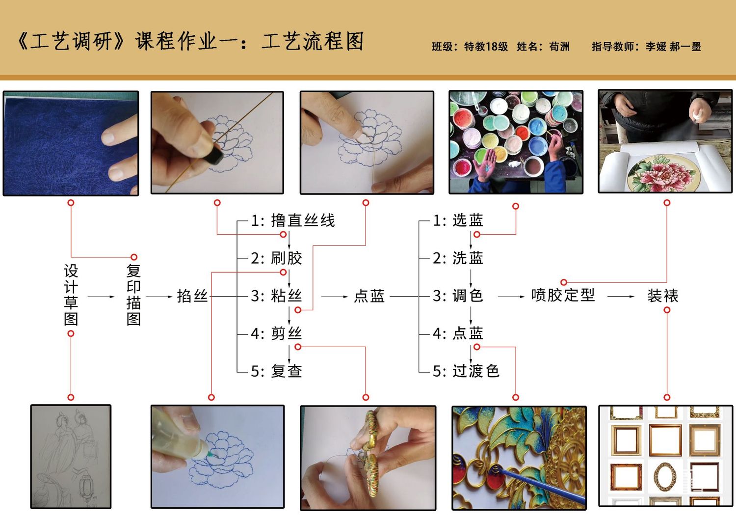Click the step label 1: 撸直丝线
click(x=293, y=220)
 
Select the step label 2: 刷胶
click(x=276, y=258)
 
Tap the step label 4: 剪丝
click(x=276, y=333)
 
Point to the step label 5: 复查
click(x=276, y=371)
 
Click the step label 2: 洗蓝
click(x=458, y=258)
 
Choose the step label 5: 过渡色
click(x=466, y=371)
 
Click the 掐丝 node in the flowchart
click(x=192, y=296)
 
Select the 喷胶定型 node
click(x=563, y=296)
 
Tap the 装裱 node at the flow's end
click(x=663, y=296)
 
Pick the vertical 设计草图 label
click(x=71, y=295)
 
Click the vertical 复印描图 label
click(x=133, y=295)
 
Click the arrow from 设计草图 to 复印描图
click(x=101, y=297)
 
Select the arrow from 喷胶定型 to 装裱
click(x=621, y=297)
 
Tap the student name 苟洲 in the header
click(x=559, y=47)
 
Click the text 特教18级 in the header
click(x=486, y=47)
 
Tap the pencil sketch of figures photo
click(x=71, y=457)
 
